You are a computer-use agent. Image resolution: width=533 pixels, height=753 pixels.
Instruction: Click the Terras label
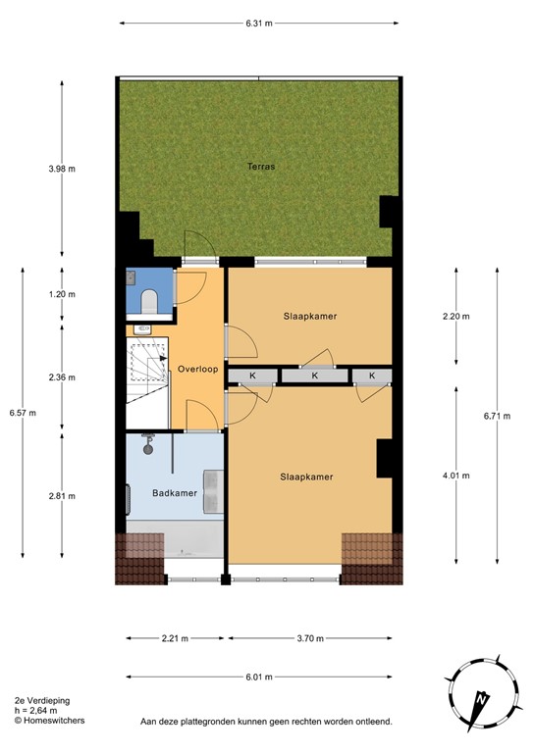[260, 167]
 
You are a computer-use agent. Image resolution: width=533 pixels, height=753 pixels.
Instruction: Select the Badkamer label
[176, 493]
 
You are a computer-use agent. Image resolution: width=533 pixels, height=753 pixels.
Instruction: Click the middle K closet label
[315, 376]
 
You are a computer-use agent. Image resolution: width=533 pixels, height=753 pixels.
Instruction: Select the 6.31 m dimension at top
[259, 22]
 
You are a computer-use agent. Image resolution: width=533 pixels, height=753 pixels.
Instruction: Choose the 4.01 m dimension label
[455, 477]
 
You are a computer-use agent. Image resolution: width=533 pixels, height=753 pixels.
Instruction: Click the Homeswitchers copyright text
[49, 721]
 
